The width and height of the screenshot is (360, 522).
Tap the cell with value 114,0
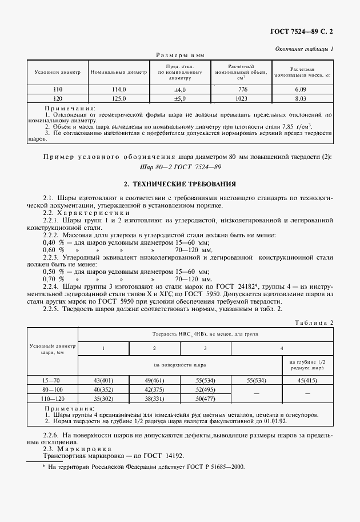point(118,90)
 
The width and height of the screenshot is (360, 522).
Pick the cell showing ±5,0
point(181,98)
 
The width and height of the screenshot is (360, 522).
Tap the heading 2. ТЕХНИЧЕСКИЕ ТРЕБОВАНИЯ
point(180,185)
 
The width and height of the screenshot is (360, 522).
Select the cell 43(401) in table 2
point(103,380)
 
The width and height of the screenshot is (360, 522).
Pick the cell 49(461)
point(154,380)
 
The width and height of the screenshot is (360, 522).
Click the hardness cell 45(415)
point(308,380)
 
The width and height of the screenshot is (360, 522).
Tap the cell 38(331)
point(154,399)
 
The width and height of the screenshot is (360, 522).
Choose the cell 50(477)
point(205,399)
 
